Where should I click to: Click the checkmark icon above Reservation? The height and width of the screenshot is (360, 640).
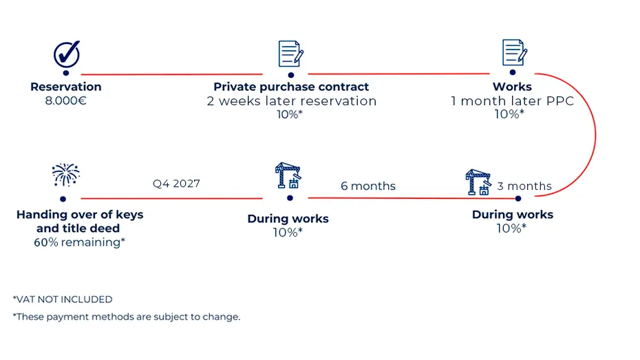click(x=67, y=54)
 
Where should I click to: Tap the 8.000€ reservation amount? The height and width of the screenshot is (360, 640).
click(x=65, y=100)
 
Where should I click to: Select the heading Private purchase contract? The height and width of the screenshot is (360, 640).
click(x=291, y=87)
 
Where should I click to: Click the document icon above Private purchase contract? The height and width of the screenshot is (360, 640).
click(x=290, y=54)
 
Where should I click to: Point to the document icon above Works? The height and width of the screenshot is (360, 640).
click(x=514, y=52)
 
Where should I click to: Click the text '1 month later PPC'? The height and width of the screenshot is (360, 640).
click(x=512, y=100)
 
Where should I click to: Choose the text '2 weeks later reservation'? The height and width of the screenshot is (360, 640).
click(x=291, y=100)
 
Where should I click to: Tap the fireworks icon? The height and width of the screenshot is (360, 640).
click(x=65, y=175)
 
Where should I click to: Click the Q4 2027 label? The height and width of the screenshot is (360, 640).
click(x=176, y=184)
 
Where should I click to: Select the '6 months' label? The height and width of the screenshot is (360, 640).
click(x=368, y=186)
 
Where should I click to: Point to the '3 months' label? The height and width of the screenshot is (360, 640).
click(x=524, y=186)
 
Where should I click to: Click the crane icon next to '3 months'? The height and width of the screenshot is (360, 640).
click(x=478, y=182)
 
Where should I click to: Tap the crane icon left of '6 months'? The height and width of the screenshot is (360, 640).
click(x=288, y=176)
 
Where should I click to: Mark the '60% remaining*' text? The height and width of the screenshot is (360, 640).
click(x=80, y=242)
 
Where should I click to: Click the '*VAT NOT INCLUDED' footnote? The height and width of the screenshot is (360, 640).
click(x=63, y=299)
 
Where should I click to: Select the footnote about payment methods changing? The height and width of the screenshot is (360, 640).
click(x=127, y=317)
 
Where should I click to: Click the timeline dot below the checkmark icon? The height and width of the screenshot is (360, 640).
click(x=66, y=73)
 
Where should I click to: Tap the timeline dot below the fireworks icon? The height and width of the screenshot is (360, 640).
click(x=63, y=199)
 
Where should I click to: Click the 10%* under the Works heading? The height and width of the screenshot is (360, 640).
click(x=509, y=114)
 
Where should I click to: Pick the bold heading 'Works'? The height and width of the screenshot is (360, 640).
click(x=512, y=87)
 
